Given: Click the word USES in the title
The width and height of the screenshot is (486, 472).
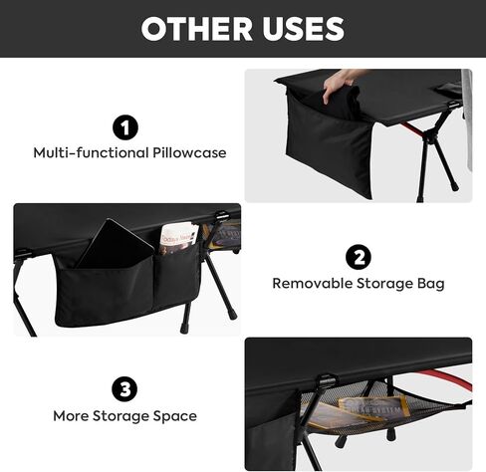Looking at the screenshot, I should (296, 29).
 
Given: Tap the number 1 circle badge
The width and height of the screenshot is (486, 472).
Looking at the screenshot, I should (124, 127).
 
